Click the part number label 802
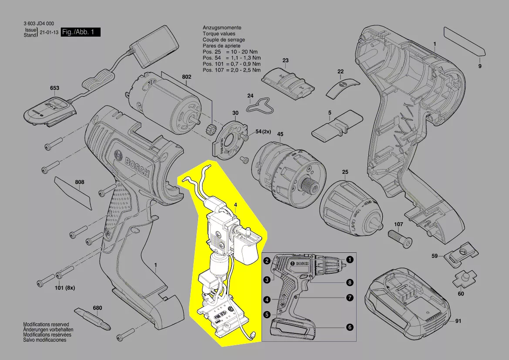pos(186,77)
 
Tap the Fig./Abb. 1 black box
pos(81,32)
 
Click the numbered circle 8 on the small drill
pos(349,282)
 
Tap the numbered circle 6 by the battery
pos(349,327)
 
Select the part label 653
pos(54,88)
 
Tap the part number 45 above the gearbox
pos(280,134)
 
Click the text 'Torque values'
pos(219,34)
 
